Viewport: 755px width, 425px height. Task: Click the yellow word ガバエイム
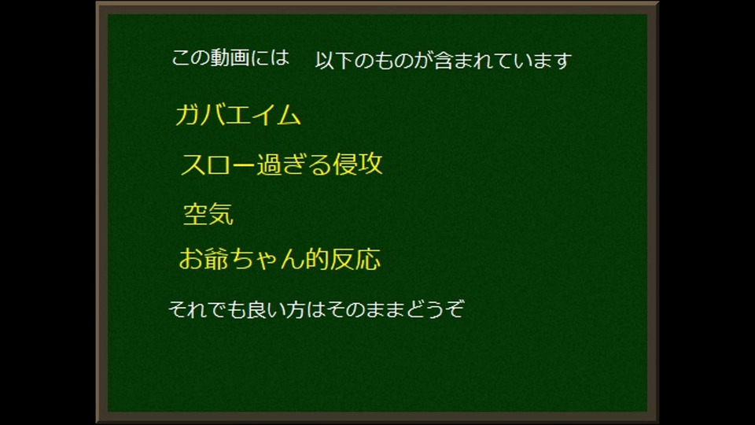pyautogui.click(x=238, y=116)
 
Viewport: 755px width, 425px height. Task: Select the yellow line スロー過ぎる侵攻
pyautogui.click(x=282, y=164)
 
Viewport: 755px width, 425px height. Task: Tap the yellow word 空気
pyautogui.click(x=208, y=214)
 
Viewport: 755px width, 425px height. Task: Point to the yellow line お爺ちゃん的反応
pyautogui.click(x=280, y=259)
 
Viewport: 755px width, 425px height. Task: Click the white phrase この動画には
pyautogui.click(x=230, y=57)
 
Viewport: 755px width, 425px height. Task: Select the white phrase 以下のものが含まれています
pyautogui.click(x=444, y=61)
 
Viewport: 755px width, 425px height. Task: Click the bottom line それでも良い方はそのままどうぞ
pyautogui.click(x=316, y=309)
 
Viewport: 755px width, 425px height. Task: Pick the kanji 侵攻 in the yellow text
pyautogui.click(x=358, y=164)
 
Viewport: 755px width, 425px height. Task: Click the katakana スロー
pyautogui.click(x=218, y=164)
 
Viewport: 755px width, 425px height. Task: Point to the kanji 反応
pyautogui.click(x=355, y=259)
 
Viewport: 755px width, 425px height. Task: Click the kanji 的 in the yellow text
pyautogui.click(x=318, y=259)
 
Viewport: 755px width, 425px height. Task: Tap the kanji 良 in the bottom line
pyautogui.click(x=256, y=309)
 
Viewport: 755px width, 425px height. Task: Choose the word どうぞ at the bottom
pyautogui.click(x=436, y=309)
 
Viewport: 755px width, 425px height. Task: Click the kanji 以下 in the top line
pyautogui.click(x=335, y=61)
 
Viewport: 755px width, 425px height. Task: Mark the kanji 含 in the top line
pyautogui.click(x=444, y=61)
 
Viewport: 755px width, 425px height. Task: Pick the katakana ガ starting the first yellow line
pyautogui.click(x=188, y=116)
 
